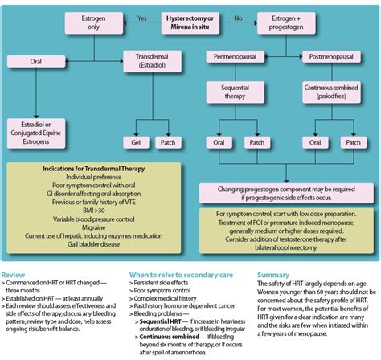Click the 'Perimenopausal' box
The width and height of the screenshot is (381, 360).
[x=234, y=57]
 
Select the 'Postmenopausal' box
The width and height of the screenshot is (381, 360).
[x=331, y=57]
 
